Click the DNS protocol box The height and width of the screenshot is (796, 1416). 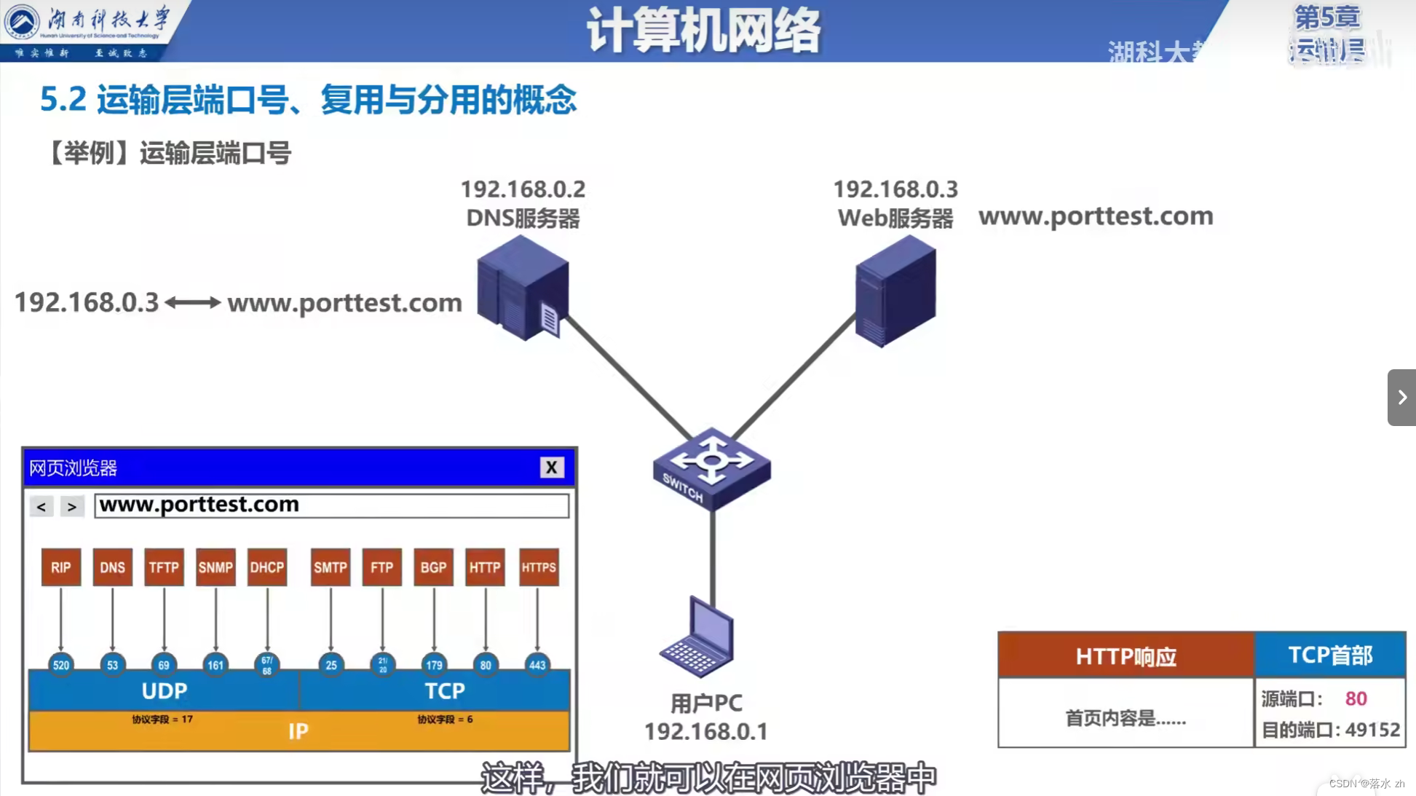[112, 567]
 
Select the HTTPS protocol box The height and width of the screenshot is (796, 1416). [539, 567]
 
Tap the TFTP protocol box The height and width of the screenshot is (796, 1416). [164, 567]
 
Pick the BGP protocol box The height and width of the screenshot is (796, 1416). [433, 567]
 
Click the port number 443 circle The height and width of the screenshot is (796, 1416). [537, 665]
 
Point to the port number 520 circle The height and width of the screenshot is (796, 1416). [61, 665]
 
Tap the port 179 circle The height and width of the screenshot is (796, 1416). [434, 665]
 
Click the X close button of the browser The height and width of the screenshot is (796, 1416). [552, 468]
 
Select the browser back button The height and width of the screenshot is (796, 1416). [41, 506]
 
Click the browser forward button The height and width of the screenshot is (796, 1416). [71, 506]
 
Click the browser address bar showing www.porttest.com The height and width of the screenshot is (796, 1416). [331, 505]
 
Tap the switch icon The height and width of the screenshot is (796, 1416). [711, 468]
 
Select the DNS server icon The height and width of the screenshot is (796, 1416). [523, 288]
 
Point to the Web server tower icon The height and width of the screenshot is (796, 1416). [895, 291]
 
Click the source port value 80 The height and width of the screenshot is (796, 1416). [1356, 699]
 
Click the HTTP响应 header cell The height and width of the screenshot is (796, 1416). [1126, 656]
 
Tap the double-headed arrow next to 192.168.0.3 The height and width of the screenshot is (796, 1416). [193, 303]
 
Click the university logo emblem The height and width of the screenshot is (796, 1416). [22, 22]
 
